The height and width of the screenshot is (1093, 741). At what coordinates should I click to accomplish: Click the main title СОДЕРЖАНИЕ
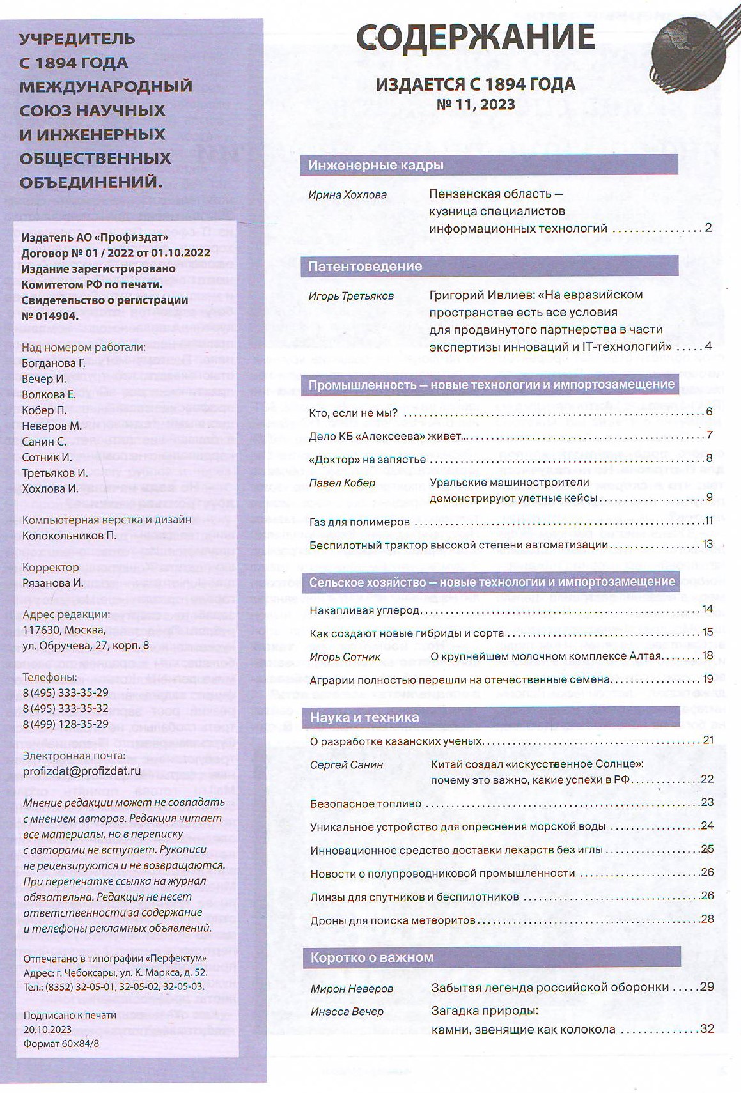(475, 38)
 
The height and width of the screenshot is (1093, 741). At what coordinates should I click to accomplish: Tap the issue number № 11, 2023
(475, 104)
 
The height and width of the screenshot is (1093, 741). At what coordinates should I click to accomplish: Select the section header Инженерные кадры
(376, 166)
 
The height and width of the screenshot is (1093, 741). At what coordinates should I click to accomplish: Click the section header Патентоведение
(365, 267)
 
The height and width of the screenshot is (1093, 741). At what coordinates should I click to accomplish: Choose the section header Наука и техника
(364, 717)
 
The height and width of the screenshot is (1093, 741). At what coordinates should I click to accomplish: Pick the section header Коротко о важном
(372, 957)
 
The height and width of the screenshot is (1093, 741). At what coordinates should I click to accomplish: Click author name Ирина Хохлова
(347, 195)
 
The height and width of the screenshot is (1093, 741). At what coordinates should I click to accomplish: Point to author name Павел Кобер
(342, 483)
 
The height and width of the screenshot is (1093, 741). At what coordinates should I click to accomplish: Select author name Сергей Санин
(347, 764)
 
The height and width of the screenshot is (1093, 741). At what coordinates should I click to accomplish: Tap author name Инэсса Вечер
(347, 1011)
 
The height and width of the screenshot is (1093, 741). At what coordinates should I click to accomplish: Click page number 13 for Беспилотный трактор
(706, 544)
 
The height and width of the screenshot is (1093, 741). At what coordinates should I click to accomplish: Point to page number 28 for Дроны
(706, 919)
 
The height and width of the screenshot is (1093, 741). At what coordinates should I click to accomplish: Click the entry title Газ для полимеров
(359, 522)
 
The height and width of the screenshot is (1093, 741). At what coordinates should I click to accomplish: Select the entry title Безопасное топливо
(366, 803)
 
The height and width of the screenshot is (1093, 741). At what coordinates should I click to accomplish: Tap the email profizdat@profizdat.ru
(81, 771)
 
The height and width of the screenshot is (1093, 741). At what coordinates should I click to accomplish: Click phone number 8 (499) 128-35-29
(65, 724)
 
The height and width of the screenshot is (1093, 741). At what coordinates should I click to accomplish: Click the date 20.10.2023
(47, 1030)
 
